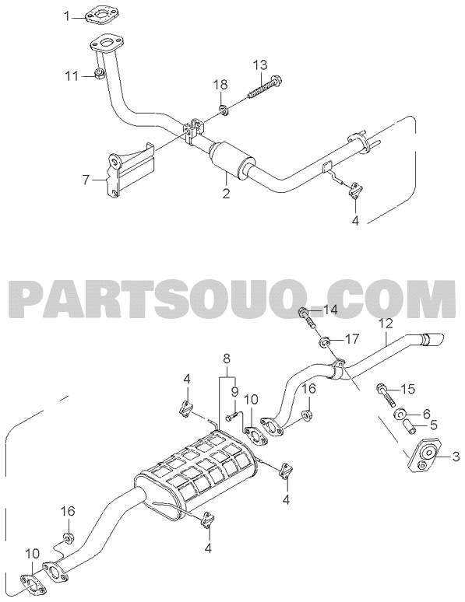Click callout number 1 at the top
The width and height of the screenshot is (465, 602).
pyautogui.click(x=67, y=16)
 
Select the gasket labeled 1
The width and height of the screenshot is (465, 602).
pyautogui.click(x=100, y=17)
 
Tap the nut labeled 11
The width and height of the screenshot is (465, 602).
pyautogui.click(x=99, y=73)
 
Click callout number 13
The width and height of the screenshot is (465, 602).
pyautogui.click(x=260, y=65)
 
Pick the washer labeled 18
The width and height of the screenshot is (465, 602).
pyautogui.click(x=224, y=110)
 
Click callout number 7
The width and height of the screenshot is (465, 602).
pyautogui.click(x=86, y=179)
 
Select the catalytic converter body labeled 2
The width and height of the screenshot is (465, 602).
pyautogui.click(x=230, y=160)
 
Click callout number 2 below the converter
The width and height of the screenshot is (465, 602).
pyautogui.click(x=226, y=193)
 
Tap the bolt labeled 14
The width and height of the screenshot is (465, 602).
pyautogui.click(x=308, y=318)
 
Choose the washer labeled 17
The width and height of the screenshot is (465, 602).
pyautogui.click(x=326, y=341)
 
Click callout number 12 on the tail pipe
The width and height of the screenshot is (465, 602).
pyautogui.click(x=386, y=324)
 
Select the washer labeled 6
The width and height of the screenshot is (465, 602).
pyautogui.click(x=399, y=415)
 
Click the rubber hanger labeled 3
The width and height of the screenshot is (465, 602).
pyautogui.click(x=424, y=456)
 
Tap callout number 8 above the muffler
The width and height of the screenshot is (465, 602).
pyautogui.click(x=227, y=359)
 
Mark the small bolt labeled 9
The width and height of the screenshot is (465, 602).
pyautogui.click(x=233, y=416)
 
